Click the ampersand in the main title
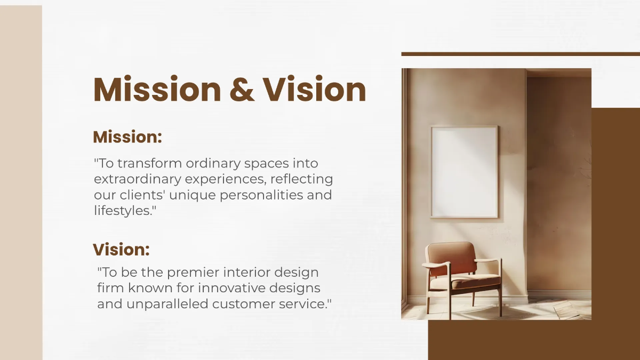pos(241,90)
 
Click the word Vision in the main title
pos(315,90)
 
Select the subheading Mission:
pos(127,137)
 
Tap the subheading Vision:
pos(121,250)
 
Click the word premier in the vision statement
pos(192,273)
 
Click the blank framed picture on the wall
pos(464,171)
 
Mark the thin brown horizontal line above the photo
pos(520,54)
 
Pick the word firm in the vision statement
pos(110,289)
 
